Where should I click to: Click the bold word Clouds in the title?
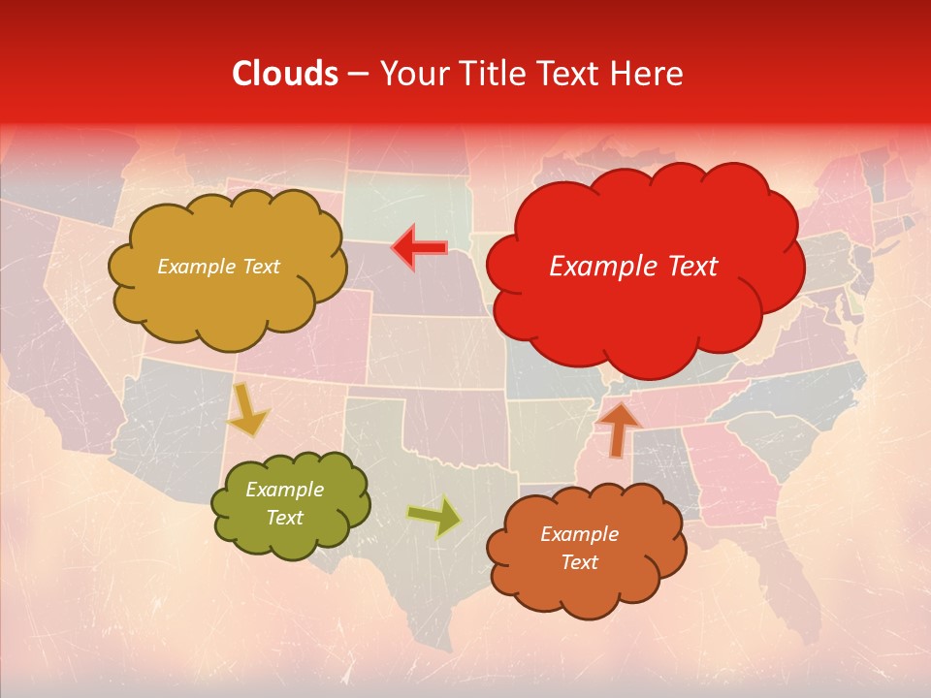285,74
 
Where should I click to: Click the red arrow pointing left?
419,248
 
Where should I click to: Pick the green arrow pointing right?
434,517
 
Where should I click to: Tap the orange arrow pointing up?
618,428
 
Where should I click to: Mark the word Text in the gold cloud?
261,267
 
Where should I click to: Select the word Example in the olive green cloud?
284,490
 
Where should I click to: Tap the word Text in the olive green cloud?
284,518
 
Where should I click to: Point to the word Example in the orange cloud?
579,534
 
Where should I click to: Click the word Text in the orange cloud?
579,562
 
